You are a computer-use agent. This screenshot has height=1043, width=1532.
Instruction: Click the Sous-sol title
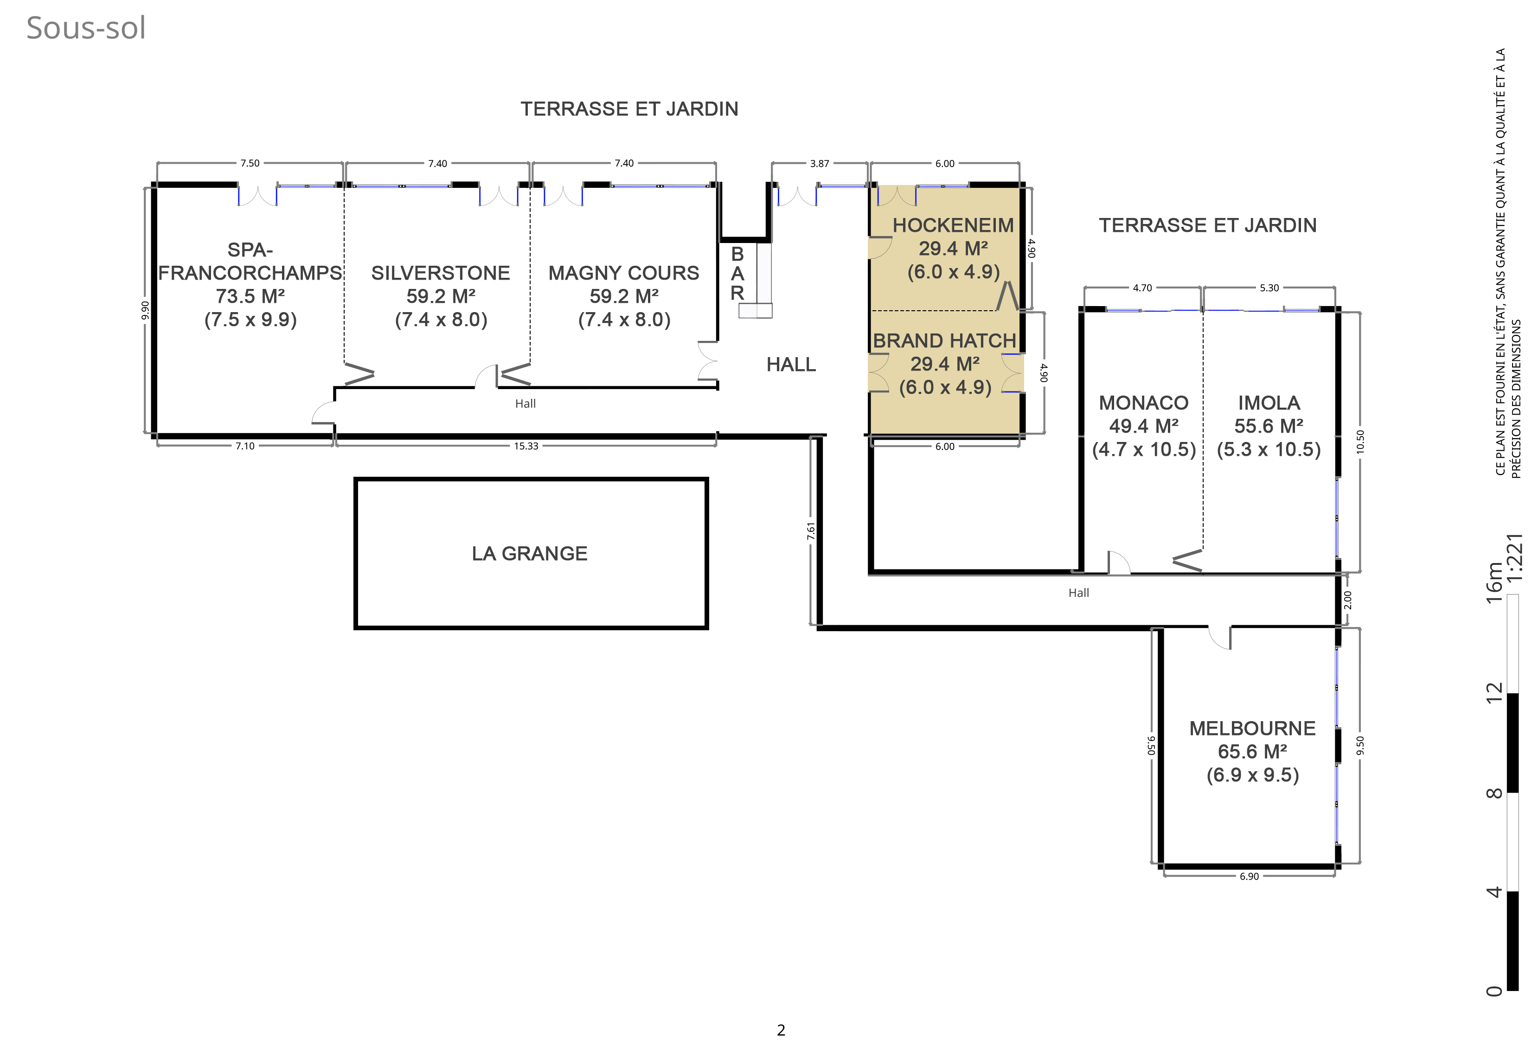tap(86, 28)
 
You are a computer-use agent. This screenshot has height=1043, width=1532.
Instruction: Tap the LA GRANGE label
tap(529, 553)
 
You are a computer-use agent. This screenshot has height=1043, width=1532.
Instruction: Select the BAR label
tap(737, 273)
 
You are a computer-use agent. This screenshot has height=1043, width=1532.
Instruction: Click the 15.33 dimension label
tap(526, 446)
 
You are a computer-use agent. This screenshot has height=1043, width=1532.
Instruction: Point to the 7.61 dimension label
tap(811, 531)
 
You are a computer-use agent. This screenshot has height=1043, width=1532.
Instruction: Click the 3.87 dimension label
tap(820, 164)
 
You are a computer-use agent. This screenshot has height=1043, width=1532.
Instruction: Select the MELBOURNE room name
tap(1252, 729)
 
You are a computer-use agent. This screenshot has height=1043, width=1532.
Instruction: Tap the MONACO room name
tap(1144, 403)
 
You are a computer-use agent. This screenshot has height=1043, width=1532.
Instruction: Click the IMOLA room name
tap(1269, 403)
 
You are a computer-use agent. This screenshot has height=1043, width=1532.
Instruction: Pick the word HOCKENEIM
tap(953, 225)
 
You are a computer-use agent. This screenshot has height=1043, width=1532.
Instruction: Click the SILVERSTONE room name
tap(440, 273)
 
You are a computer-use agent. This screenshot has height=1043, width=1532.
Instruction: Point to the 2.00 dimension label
tap(1347, 600)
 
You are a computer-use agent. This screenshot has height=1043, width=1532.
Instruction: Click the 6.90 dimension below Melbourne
tap(1249, 876)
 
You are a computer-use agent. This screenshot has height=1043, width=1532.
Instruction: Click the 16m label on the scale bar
tap(1494, 582)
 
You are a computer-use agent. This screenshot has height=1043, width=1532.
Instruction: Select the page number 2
tap(781, 1030)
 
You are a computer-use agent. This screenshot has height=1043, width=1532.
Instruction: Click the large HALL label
tap(791, 365)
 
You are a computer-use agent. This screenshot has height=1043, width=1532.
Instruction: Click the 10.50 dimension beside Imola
tap(1360, 442)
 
